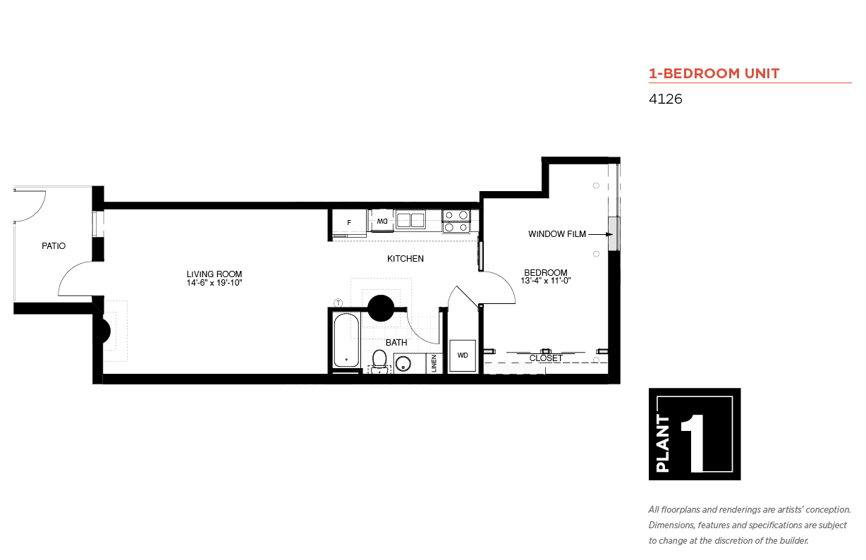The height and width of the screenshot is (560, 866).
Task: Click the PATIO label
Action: click(x=54, y=246)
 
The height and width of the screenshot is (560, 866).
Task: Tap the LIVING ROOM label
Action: click(x=214, y=274)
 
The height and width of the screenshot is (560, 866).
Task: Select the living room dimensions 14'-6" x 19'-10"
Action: click(x=214, y=283)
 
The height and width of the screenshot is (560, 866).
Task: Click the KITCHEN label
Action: click(x=405, y=259)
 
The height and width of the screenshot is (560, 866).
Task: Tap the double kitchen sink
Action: click(x=410, y=220)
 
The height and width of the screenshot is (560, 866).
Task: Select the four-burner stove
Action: click(x=456, y=221)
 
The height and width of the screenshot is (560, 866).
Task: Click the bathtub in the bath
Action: click(x=346, y=341)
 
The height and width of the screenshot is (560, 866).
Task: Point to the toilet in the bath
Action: click(x=379, y=361)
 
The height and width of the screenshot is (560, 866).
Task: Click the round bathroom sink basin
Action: click(x=403, y=364)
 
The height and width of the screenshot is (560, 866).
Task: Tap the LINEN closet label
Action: click(x=434, y=363)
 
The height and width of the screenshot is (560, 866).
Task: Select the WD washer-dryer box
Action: click(x=463, y=355)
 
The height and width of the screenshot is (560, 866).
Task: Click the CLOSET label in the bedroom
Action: click(x=546, y=358)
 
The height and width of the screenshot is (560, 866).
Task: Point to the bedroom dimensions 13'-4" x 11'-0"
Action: click(x=546, y=281)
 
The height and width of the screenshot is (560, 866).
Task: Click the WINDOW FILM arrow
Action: click(x=600, y=234)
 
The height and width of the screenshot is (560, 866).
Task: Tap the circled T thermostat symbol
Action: click(x=339, y=303)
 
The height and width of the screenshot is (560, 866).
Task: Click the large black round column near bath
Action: click(x=381, y=308)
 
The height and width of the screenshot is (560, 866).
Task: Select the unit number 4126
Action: click(x=665, y=99)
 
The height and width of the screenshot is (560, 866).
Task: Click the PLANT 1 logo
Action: click(x=695, y=434)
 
